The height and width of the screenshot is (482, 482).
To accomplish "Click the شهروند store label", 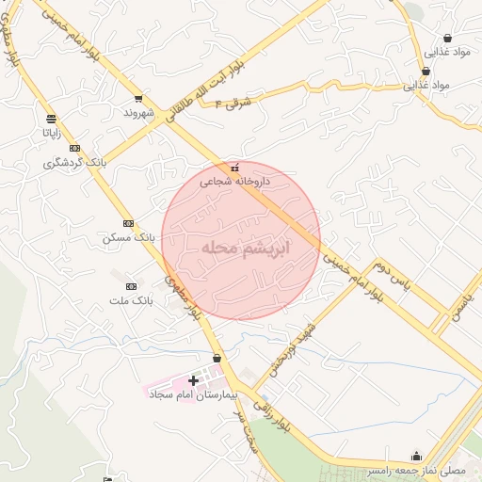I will (x=137, y=112).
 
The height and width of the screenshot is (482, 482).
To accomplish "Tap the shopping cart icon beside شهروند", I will (x=138, y=98).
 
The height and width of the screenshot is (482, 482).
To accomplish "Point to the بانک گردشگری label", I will (x=74, y=163).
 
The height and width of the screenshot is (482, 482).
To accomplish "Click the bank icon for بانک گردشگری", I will (x=74, y=149).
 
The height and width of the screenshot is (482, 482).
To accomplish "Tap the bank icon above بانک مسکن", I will (x=128, y=223).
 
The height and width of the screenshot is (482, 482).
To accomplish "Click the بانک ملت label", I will (x=130, y=300).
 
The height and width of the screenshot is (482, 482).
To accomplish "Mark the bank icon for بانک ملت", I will (x=130, y=286).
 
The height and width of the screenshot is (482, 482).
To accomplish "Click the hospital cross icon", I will (x=194, y=380).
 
